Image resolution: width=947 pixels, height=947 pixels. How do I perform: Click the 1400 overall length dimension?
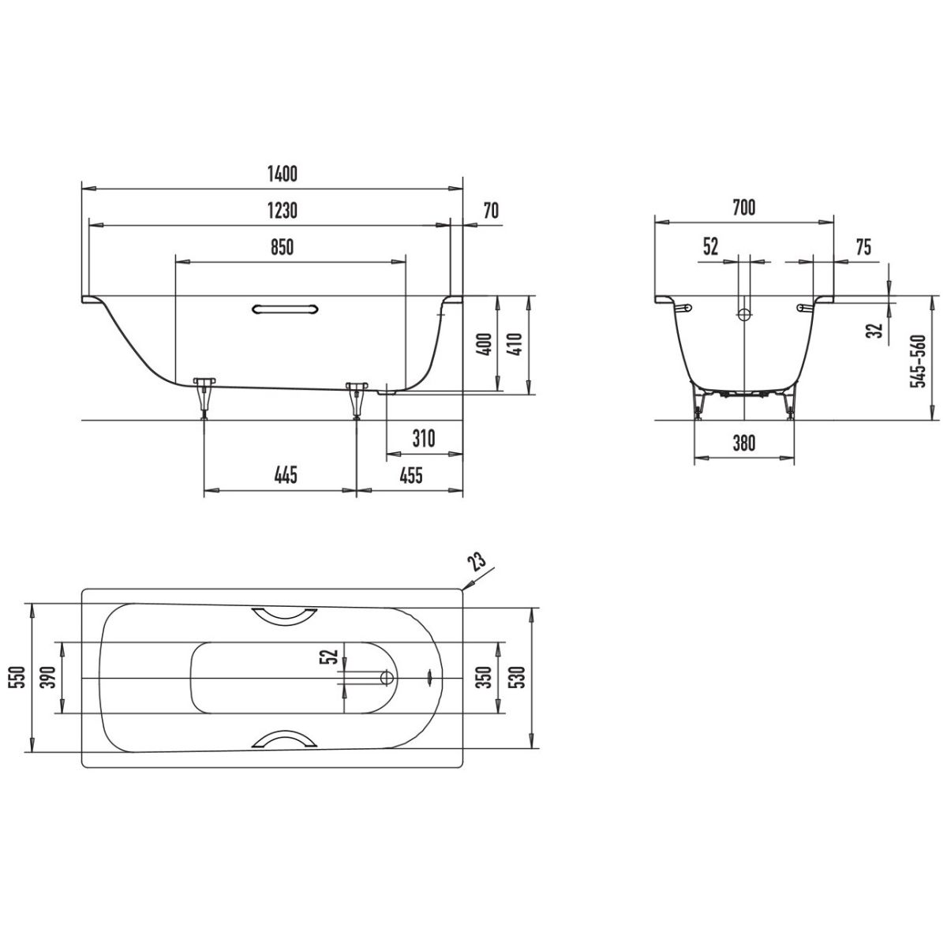[283, 174]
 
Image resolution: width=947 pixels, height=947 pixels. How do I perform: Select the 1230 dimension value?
[283, 211]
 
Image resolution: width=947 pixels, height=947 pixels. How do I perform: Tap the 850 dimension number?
[282, 247]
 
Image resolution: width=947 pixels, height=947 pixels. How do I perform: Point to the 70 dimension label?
[491, 211]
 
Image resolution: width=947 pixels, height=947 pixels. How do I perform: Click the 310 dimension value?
[424, 438]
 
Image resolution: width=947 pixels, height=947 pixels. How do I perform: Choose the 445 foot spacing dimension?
[286, 475]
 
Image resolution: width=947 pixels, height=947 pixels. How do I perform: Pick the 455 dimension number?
[410, 475]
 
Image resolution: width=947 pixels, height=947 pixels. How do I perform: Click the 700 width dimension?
[743, 208]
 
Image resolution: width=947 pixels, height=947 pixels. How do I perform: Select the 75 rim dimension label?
[863, 247]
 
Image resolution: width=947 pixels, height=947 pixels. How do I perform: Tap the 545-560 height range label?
[918, 361]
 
